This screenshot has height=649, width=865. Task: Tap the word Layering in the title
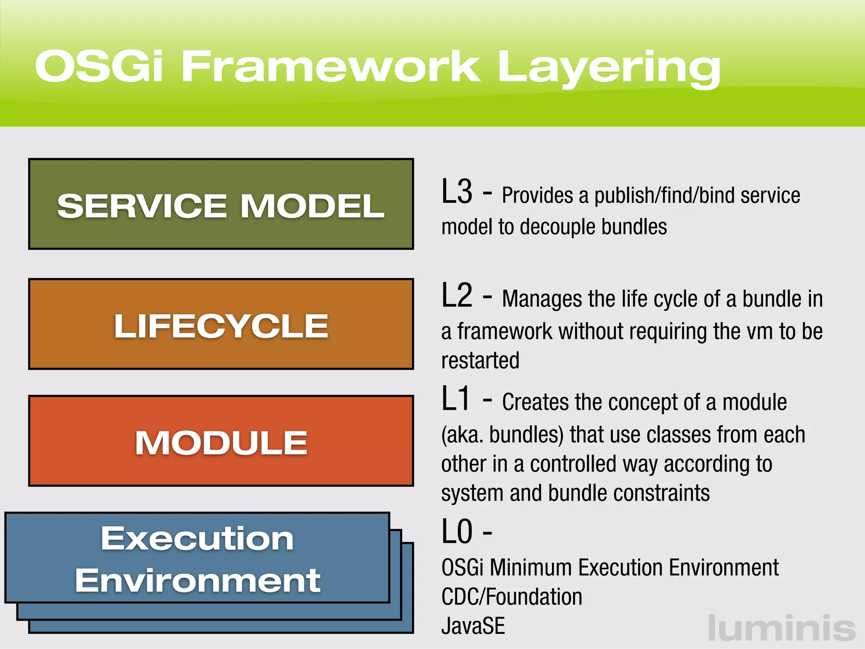click(x=608, y=68)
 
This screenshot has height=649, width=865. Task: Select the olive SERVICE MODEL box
click(x=220, y=204)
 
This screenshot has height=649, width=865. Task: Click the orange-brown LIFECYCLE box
click(x=220, y=324)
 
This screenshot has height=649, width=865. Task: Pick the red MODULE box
click(x=220, y=441)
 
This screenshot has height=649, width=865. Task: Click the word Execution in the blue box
click(x=197, y=539)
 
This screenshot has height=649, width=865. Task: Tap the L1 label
click(x=455, y=399)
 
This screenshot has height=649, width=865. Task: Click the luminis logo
click(x=781, y=628)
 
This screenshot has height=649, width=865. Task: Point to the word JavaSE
click(x=473, y=626)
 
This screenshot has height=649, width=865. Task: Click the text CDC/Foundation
click(x=511, y=597)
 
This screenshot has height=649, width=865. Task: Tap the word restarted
click(x=480, y=360)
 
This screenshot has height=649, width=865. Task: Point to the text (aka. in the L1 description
click(x=462, y=435)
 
